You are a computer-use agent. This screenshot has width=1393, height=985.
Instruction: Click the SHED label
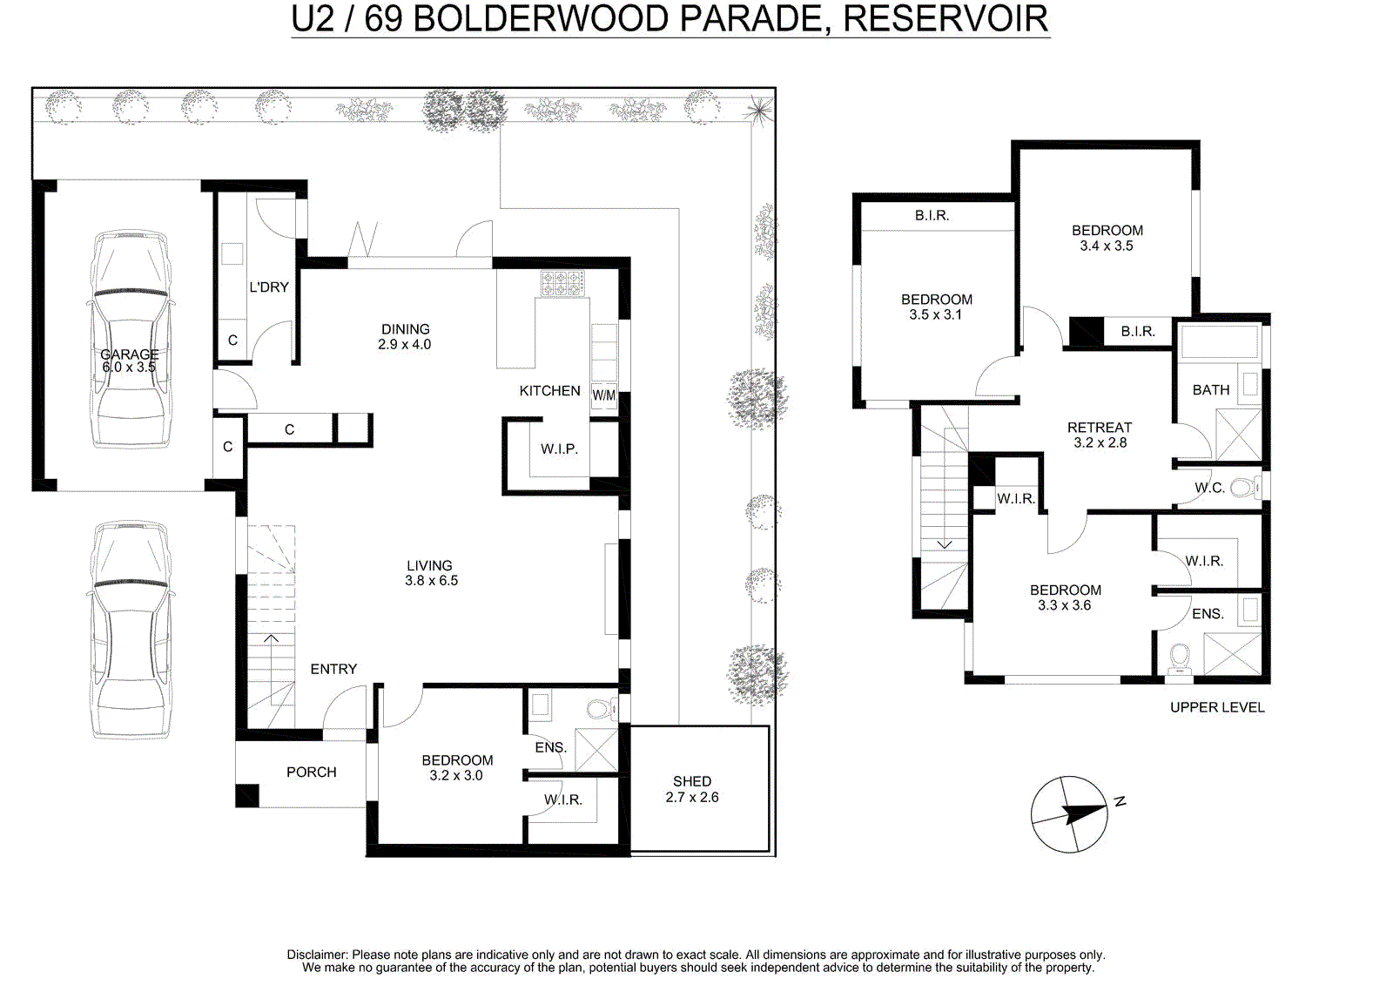[691, 781]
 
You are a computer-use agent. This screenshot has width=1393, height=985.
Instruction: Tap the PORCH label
[311, 772]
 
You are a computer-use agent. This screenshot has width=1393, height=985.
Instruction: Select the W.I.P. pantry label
[559, 449]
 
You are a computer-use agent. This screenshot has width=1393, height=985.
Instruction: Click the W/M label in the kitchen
[604, 395]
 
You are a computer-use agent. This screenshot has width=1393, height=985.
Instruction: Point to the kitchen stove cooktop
[562, 284]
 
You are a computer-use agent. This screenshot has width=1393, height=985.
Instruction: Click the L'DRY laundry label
[269, 287]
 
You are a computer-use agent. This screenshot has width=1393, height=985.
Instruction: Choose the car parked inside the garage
[130, 339]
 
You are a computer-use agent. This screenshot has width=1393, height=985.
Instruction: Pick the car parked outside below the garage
[130, 630]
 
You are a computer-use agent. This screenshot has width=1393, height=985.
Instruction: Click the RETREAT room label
[1099, 428]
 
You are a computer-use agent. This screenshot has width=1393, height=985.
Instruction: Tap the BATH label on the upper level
[1210, 389]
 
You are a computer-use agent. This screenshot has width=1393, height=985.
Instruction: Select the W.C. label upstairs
[1209, 488]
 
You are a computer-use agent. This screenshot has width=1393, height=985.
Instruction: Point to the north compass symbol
[1070, 814]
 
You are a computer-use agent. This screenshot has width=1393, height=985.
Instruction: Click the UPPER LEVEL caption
[1217, 707]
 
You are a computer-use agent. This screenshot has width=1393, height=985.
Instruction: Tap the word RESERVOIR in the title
[945, 18]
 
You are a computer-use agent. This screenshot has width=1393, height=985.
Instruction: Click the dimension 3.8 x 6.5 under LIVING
[431, 581]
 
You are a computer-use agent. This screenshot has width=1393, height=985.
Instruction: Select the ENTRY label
[333, 669]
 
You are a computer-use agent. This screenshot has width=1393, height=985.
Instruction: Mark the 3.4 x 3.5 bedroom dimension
[1107, 246]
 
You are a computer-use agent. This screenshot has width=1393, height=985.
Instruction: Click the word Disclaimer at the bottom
[317, 955]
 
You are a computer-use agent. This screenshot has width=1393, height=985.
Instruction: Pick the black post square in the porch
[247, 796]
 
